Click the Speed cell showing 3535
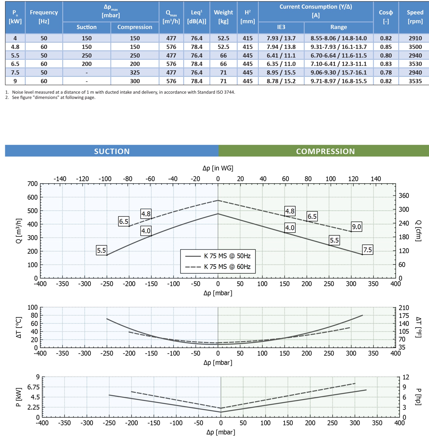(x=415, y=81)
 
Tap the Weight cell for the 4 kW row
(x=223, y=38)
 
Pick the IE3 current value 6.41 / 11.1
(x=281, y=55)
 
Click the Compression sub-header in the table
(x=135, y=27)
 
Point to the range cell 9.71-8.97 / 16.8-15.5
(x=339, y=81)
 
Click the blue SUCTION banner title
(x=112, y=151)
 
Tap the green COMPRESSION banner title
(x=325, y=151)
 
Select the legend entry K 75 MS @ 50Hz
(x=227, y=256)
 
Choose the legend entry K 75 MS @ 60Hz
(x=227, y=267)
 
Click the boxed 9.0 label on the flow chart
(x=356, y=227)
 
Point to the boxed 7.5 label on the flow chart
(x=367, y=250)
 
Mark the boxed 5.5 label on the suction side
(x=101, y=250)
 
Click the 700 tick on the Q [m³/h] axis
(x=33, y=184)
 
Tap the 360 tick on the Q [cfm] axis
(x=404, y=196)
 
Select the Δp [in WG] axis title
(x=218, y=168)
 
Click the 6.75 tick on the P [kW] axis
(x=34, y=387)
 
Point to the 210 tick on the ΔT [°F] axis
(x=404, y=308)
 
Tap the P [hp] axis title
(x=419, y=397)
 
